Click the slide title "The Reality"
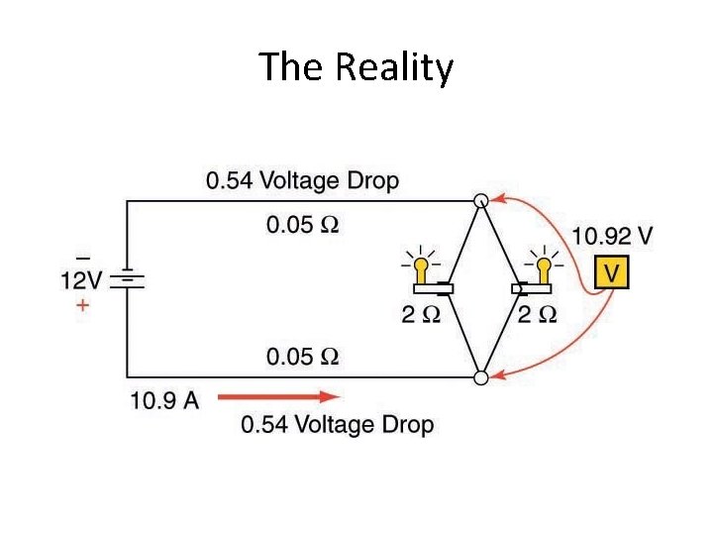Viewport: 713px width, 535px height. (x=356, y=67)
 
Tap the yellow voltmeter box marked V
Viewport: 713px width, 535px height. (x=611, y=272)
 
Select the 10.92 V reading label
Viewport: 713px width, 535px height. (x=612, y=237)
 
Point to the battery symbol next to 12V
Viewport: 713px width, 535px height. (x=127, y=280)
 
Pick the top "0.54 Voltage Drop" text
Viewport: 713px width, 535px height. (x=302, y=181)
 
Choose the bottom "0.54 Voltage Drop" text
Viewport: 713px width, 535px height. (x=338, y=425)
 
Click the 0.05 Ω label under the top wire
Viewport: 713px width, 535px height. (x=302, y=225)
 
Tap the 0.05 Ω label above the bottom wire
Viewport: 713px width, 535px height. (x=302, y=357)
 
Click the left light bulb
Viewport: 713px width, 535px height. (x=423, y=268)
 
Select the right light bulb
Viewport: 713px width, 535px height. (x=543, y=267)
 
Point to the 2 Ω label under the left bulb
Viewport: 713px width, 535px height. (x=420, y=315)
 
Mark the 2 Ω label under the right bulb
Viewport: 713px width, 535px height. (x=537, y=315)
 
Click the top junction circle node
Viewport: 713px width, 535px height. (x=480, y=201)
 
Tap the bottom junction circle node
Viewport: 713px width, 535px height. (x=480, y=377)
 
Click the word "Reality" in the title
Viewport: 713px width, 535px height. (x=394, y=67)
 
